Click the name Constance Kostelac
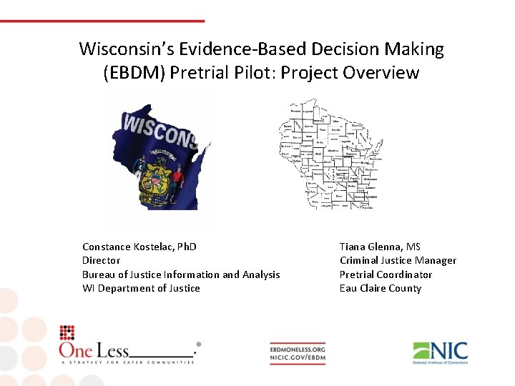139,247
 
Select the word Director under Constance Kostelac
101,260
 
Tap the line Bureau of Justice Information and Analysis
181,274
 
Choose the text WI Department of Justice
141,288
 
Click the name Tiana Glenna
380,247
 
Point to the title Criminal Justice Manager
398,260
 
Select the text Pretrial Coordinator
386,274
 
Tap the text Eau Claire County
381,288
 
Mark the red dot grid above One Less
67,332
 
